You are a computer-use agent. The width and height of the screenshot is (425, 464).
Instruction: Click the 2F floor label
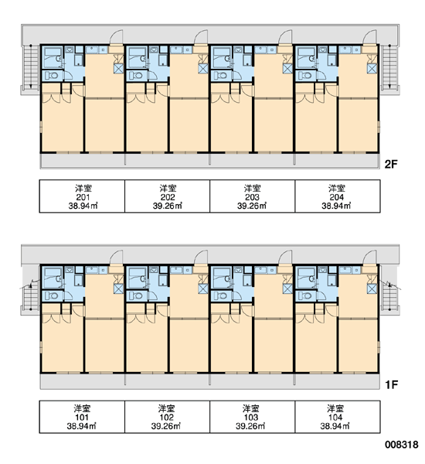point(391,164)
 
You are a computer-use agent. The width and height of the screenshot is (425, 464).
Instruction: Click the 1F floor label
point(391,384)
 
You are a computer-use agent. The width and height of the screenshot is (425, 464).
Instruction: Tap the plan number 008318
point(402,445)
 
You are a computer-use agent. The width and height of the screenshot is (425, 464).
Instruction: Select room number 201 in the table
point(83,197)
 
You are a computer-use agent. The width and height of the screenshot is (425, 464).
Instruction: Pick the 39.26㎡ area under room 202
point(168,206)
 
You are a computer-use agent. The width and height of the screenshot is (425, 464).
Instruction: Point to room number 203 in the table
point(252,197)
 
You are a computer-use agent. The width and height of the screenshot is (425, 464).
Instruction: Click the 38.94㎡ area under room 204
point(336,206)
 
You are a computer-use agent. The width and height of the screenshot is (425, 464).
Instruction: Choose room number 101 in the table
point(82,418)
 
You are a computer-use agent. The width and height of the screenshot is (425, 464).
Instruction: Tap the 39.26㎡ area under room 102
point(166,426)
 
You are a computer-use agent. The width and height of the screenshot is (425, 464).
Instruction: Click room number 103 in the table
point(251,418)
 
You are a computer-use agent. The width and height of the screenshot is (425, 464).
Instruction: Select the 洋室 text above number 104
point(335,408)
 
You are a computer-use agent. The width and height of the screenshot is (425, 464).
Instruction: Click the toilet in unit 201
point(52,76)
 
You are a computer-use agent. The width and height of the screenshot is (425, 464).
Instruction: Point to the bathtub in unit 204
point(306,58)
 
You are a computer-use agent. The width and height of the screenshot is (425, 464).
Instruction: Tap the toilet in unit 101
point(52,295)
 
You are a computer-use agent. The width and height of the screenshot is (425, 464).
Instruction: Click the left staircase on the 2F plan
point(31,67)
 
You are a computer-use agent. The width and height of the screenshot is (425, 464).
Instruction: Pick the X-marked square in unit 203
point(287,69)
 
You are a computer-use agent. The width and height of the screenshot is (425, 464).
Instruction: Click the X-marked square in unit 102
point(203,288)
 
